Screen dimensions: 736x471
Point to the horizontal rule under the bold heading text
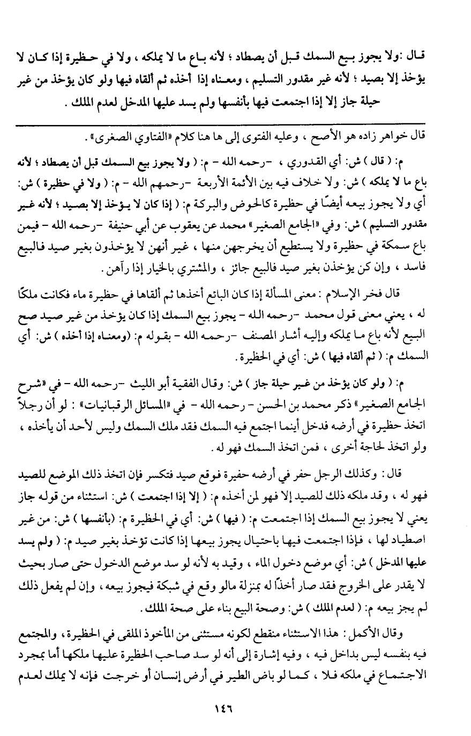(235, 124)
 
